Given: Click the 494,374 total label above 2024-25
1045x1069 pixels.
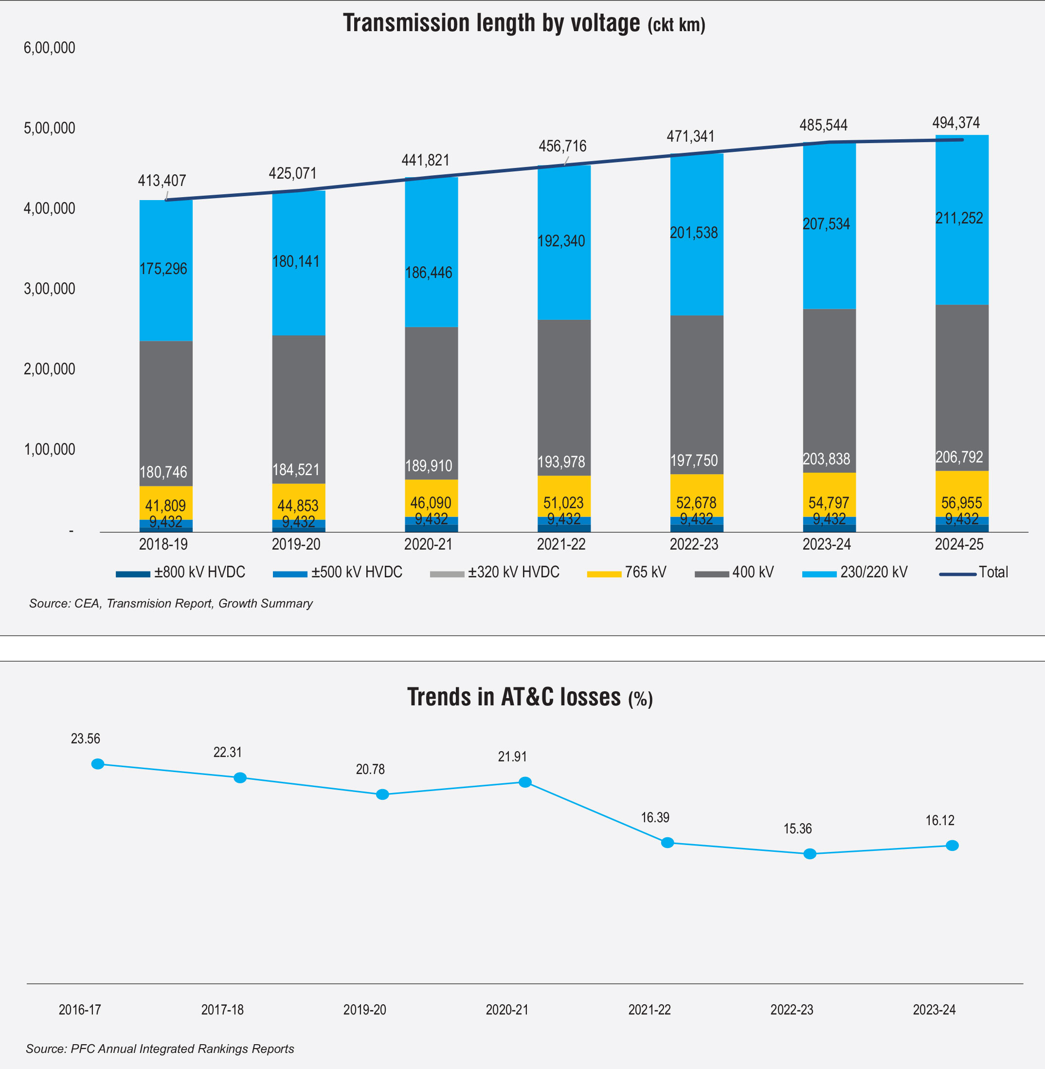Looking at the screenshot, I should coord(955,123).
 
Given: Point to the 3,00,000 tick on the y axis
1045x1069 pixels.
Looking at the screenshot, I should coord(50,289).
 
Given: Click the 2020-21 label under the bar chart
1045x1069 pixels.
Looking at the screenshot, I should coord(428,544).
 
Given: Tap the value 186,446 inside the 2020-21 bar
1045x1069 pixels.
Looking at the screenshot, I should coord(428,273).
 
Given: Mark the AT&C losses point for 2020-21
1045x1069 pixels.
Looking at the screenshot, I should coord(525,782).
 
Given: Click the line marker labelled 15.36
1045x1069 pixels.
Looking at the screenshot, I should coord(810,854).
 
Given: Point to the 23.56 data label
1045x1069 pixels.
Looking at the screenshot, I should coord(86,738).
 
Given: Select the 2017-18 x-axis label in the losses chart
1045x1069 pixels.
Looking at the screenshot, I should coord(222,1010).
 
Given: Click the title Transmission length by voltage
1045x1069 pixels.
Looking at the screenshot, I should coord(491,23).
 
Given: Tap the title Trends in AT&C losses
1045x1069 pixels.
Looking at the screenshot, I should coord(514,697).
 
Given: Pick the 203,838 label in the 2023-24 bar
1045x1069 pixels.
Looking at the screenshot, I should coord(826,459).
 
